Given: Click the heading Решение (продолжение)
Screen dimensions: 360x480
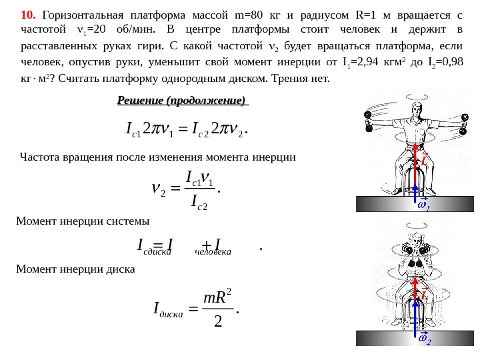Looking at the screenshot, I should coord(182,101).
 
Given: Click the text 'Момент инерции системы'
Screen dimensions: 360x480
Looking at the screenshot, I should coord(83,221).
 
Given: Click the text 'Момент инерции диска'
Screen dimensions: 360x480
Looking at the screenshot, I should coord(75,269).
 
